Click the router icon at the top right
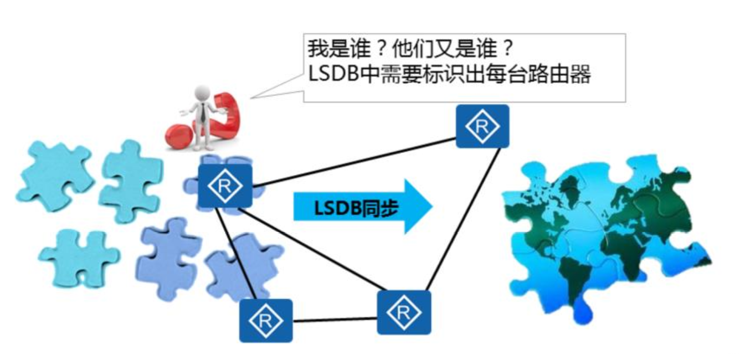click(482, 126)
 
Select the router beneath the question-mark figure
click(225, 186)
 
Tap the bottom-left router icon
click(265, 321)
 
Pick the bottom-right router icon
click(404, 312)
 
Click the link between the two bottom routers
click(335, 320)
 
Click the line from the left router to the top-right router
click(354, 162)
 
